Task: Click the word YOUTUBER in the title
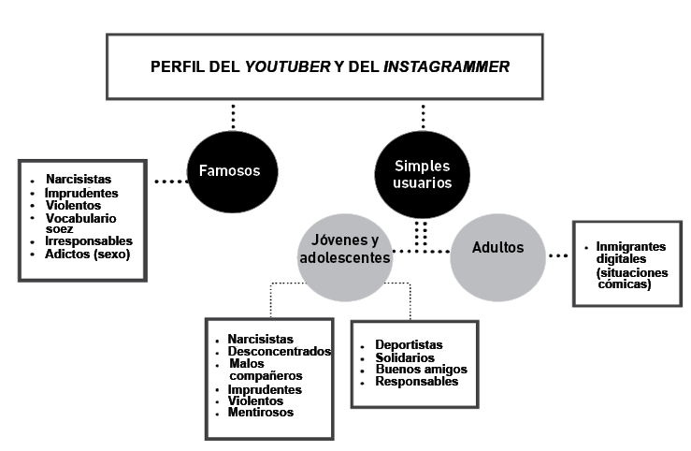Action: (x=287, y=66)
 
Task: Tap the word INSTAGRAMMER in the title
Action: (x=446, y=66)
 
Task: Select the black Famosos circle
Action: (x=232, y=172)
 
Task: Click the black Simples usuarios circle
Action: (x=423, y=175)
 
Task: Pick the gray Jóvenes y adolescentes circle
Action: (x=345, y=257)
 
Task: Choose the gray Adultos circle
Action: (x=498, y=257)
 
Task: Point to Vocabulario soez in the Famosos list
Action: (x=80, y=224)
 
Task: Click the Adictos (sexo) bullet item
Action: (x=87, y=255)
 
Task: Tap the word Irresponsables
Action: (x=89, y=240)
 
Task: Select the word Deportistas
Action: (x=409, y=344)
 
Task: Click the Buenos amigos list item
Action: (x=422, y=369)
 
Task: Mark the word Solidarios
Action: (x=405, y=357)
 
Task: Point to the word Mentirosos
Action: (x=261, y=413)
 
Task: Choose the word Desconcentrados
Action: (x=280, y=352)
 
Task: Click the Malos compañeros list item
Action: (x=266, y=370)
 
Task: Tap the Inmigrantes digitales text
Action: (x=630, y=253)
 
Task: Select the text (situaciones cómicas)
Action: (x=632, y=278)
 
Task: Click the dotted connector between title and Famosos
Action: (x=233, y=116)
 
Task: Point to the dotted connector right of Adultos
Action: (x=558, y=255)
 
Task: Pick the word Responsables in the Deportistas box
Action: (x=417, y=382)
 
